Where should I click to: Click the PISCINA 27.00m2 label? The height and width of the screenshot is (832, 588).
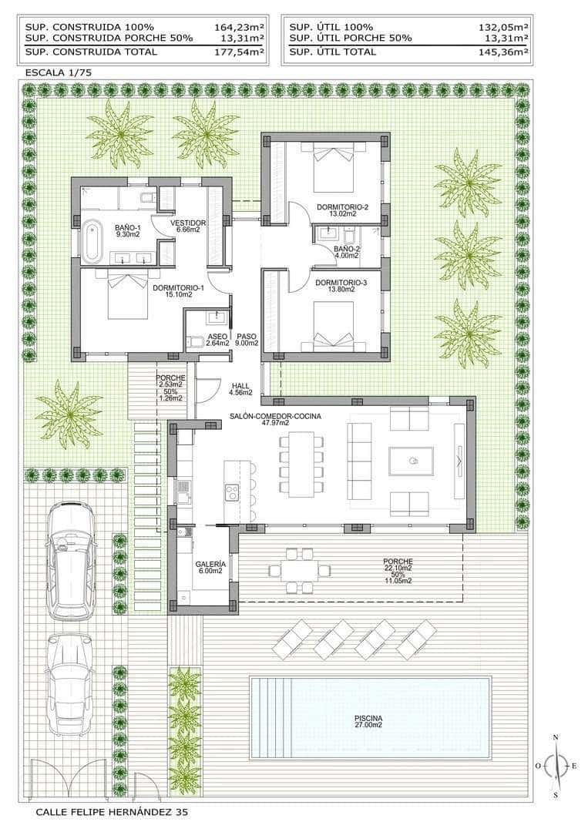[369, 722]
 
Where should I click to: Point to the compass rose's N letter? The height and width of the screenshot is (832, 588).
[555, 737]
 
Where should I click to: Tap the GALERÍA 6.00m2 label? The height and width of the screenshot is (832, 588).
[210, 566]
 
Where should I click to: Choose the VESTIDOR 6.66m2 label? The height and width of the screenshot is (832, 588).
[188, 225]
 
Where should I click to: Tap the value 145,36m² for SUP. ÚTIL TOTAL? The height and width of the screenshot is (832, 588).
[502, 52]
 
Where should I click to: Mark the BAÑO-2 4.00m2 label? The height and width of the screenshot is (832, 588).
[347, 253]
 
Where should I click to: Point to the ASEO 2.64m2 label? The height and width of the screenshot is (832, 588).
[217, 340]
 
